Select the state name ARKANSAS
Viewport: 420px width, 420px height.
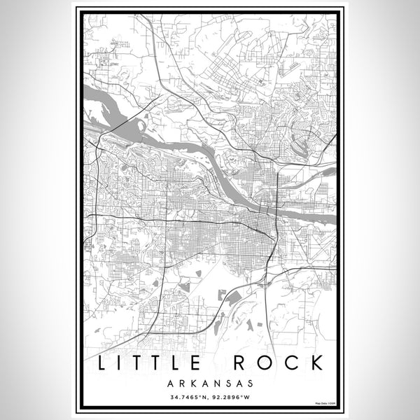(x=210, y=383)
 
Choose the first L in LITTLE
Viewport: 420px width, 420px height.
(x=104, y=363)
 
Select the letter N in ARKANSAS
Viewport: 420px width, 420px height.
(x=216, y=383)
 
